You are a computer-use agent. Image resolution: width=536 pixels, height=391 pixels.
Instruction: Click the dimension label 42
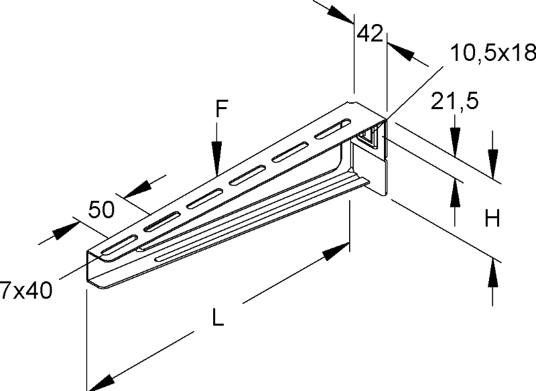click(368, 33)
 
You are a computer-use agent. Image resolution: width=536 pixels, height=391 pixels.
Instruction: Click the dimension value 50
click(101, 210)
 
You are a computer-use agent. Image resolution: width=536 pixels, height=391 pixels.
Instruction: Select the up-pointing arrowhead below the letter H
click(493, 270)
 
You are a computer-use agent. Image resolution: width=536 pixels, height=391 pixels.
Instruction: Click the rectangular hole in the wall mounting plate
click(368, 140)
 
